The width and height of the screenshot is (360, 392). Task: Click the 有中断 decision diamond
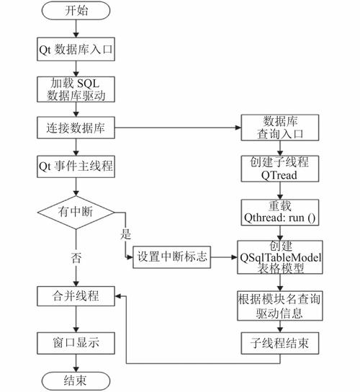pos(75,212)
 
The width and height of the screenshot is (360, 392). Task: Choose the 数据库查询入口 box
pos(279,128)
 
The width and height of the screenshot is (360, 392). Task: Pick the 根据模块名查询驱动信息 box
pos(279,305)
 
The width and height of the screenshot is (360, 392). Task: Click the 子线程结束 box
pos(279,343)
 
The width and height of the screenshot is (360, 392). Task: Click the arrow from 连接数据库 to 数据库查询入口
pos(176,129)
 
